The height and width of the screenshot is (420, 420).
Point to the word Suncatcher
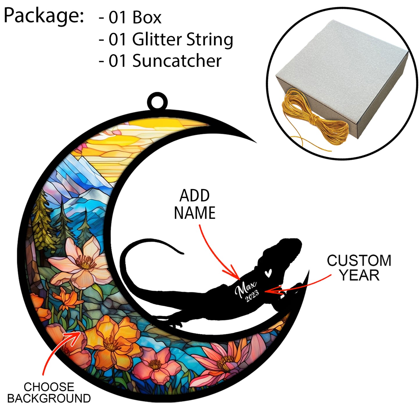[177, 61]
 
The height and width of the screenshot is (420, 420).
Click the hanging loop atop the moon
[157, 101]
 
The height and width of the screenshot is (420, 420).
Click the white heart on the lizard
[268, 273]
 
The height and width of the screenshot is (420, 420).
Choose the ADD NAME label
[194, 204]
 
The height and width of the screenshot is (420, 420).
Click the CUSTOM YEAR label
[359, 268]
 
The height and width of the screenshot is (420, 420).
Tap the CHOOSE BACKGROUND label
[49, 393]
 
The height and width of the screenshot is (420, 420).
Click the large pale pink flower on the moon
[83, 262]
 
